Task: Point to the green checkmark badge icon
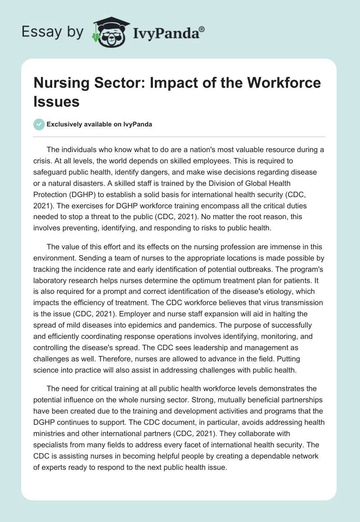(39, 124)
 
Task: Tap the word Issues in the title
(57, 102)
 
